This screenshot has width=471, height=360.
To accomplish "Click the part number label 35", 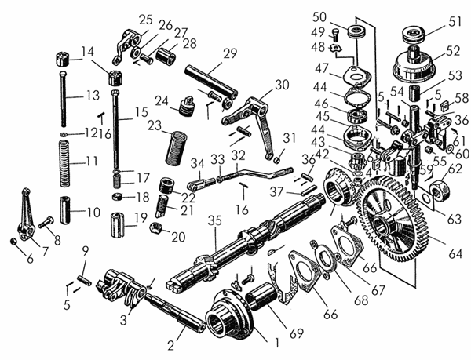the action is [x=215, y=220].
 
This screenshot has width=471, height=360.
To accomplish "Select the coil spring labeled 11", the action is [x=64, y=164].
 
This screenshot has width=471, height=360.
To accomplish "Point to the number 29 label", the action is [x=230, y=53].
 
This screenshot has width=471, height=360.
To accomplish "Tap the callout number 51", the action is [x=455, y=22].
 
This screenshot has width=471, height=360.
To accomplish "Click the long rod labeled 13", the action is [x=63, y=99].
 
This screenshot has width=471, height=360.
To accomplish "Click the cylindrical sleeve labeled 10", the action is [x=65, y=210].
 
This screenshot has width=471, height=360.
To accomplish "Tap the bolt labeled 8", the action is [x=46, y=223].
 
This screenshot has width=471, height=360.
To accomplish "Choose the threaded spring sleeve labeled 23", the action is [x=176, y=148].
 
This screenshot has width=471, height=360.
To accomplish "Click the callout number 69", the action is [x=296, y=333].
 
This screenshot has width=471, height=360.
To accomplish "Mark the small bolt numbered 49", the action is [x=335, y=35].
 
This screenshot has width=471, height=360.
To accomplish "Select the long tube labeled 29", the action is [x=211, y=80].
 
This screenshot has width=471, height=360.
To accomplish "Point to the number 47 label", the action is [x=322, y=68].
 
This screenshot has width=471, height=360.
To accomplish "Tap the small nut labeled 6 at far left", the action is [x=13, y=241].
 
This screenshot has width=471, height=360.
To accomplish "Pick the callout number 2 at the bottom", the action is [x=170, y=346].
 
